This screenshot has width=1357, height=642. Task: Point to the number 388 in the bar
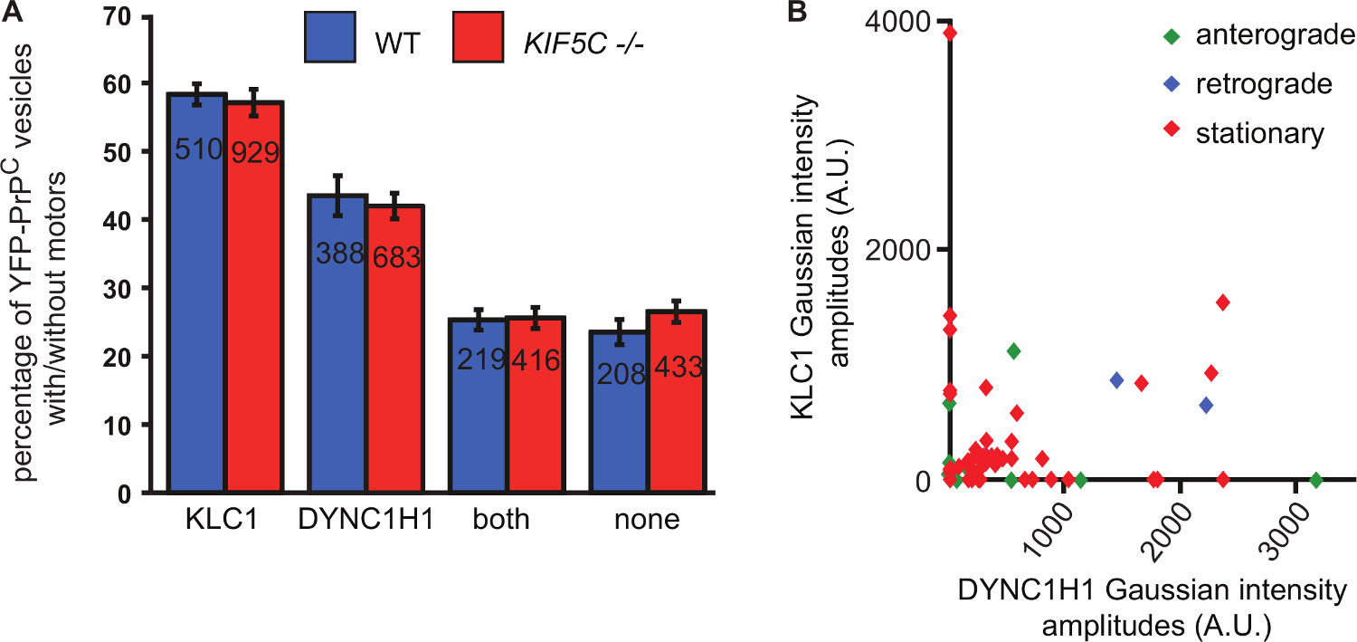(339, 254)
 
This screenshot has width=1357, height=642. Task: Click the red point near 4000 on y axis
(950, 34)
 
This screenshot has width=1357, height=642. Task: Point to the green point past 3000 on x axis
(1316, 480)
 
